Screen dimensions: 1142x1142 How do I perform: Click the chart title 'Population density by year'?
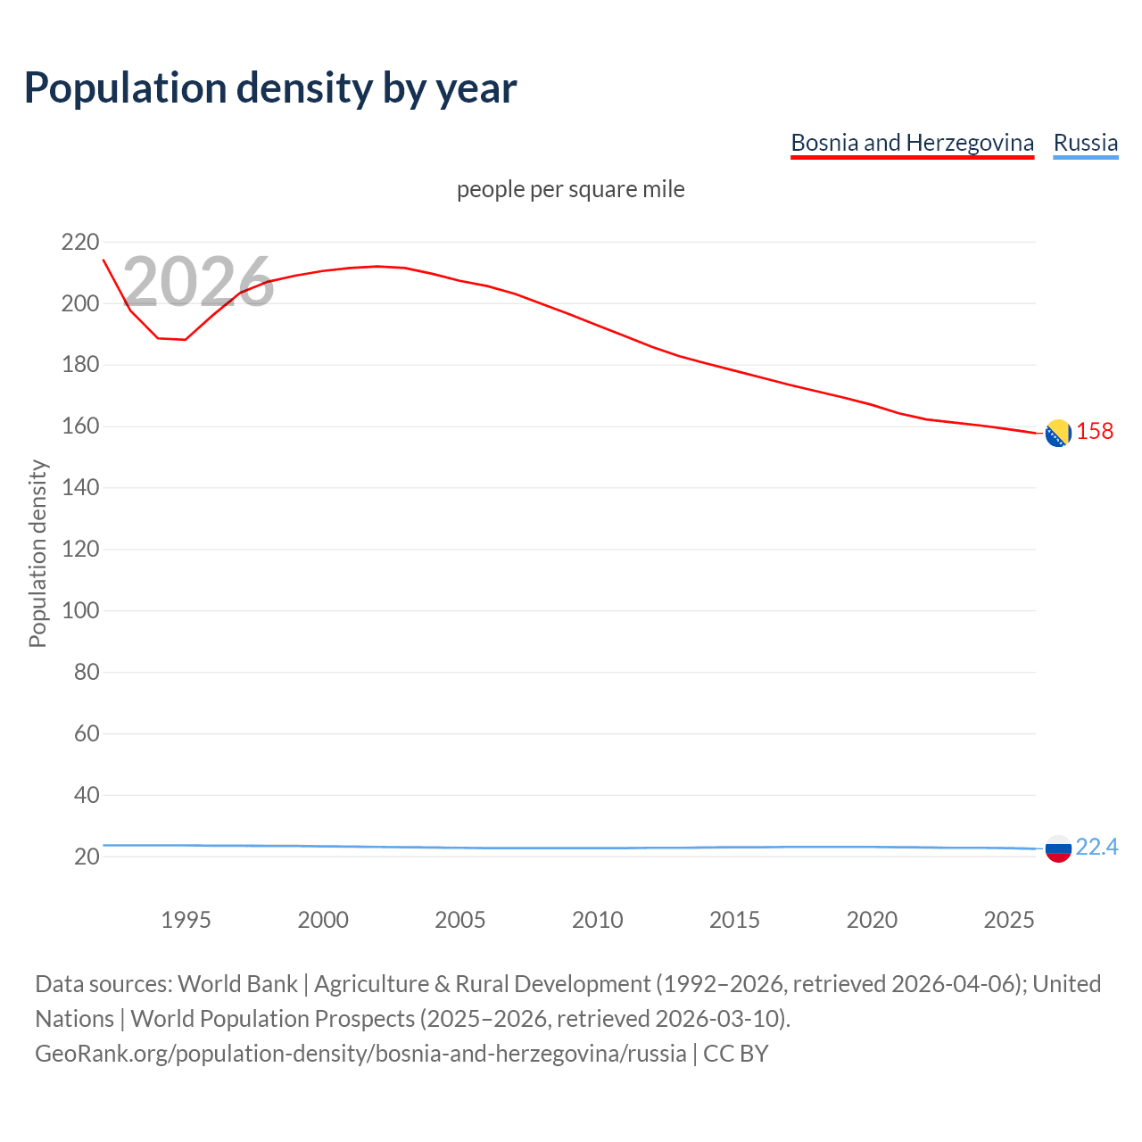[x=270, y=87]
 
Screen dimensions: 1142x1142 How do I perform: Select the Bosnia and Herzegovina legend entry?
[x=912, y=143]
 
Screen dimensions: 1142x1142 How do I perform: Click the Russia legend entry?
[x=1085, y=143]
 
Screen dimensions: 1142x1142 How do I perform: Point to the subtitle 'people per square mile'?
[x=570, y=189]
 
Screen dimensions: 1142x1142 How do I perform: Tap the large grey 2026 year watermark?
[x=198, y=282]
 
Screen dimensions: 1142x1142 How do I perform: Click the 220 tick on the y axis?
[x=80, y=242]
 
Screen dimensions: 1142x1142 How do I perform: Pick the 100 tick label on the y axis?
[x=80, y=610]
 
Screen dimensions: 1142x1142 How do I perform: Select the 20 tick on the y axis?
[x=87, y=856]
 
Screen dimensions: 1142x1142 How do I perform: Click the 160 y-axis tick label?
[x=80, y=426]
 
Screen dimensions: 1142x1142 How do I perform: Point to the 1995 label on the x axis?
[x=186, y=920]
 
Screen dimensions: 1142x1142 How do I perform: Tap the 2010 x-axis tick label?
[x=597, y=920]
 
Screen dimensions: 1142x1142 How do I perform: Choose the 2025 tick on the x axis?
[x=1008, y=920]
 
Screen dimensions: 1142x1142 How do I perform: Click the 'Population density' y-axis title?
[x=37, y=553]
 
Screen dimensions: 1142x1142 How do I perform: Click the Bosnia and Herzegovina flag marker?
[x=1057, y=433]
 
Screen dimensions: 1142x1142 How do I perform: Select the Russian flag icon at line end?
[x=1057, y=848]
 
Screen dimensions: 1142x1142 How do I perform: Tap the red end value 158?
[x=1095, y=431]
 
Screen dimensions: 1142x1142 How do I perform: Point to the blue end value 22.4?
[x=1096, y=847]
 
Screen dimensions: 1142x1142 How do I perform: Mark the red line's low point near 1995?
[x=185, y=339]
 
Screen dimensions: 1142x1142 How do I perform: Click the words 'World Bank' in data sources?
[x=237, y=984]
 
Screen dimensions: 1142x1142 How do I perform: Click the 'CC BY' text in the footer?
[x=735, y=1054]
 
